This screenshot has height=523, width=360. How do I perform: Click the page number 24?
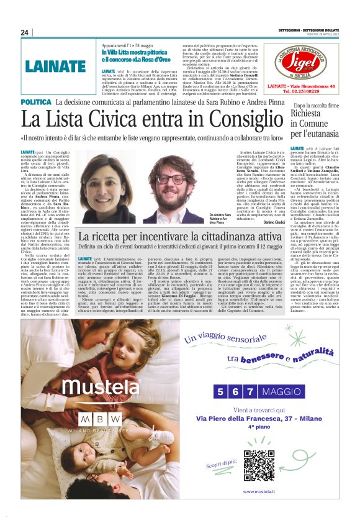click(x=25, y=32)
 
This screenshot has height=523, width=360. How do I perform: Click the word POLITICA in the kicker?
click(x=36, y=102)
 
